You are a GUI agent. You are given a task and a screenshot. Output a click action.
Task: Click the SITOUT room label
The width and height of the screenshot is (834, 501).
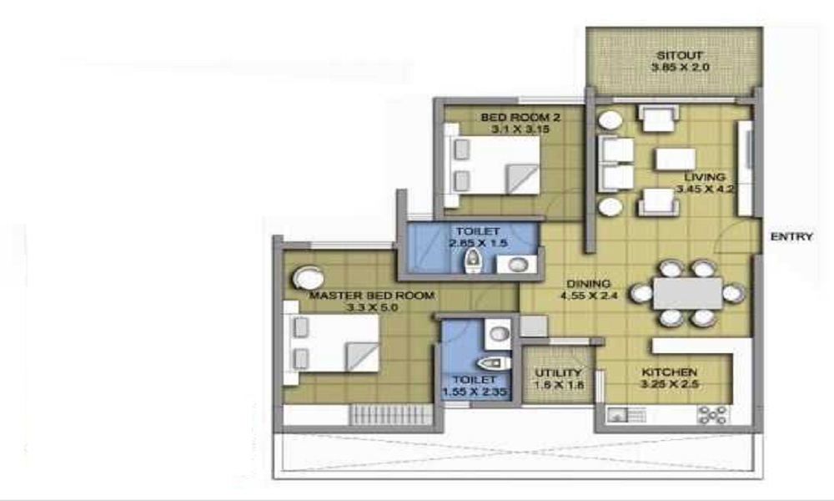(x=680, y=55)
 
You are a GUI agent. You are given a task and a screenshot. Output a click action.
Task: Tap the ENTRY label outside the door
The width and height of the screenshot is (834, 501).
(x=791, y=236)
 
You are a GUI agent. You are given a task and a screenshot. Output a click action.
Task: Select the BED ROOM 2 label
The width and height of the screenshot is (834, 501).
(x=520, y=117)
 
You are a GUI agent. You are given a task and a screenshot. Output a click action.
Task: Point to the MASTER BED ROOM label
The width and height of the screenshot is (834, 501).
(x=372, y=296)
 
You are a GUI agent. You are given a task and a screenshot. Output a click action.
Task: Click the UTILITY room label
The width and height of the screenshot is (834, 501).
(x=558, y=372)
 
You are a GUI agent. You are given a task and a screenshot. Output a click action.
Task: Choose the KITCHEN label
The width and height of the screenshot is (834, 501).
(x=669, y=372)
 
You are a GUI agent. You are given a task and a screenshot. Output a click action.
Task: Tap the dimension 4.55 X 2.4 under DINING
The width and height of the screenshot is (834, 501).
(x=589, y=295)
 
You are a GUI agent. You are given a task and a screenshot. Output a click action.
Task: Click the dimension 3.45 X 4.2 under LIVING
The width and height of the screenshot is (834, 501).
(x=706, y=189)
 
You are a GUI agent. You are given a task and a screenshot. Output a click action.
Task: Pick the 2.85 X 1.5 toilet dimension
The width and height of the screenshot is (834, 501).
(x=478, y=243)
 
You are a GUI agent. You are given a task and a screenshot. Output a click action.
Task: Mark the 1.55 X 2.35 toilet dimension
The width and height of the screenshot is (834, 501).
(x=475, y=392)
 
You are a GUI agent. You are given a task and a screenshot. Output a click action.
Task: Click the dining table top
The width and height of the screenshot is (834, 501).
(x=688, y=293)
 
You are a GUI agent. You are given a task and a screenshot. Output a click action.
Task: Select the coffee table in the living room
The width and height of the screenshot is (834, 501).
(x=676, y=159)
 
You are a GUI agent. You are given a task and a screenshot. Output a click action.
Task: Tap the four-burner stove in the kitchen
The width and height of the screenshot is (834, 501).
(x=713, y=415)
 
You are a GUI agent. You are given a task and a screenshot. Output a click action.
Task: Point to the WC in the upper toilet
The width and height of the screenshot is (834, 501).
(x=472, y=261)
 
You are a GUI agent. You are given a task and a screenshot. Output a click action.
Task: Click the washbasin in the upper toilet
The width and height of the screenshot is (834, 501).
(x=516, y=265)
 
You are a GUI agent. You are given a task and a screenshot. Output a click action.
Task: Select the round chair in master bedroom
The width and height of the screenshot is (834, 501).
(x=308, y=278)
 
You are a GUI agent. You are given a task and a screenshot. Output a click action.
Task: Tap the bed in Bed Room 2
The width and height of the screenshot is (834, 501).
(x=493, y=165)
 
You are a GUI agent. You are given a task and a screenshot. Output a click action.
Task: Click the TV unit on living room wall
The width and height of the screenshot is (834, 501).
(x=746, y=168)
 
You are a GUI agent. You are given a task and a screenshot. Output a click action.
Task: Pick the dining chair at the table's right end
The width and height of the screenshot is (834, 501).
(x=733, y=293)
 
